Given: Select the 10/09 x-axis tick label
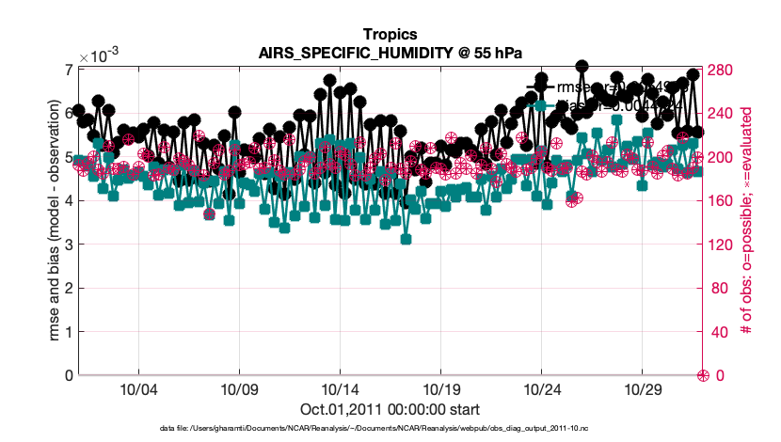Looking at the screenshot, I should click(x=239, y=388).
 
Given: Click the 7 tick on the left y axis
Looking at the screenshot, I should click(x=69, y=70).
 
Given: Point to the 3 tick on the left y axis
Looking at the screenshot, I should click(x=69, y=245).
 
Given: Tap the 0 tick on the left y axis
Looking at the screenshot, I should click(x=69, y=375).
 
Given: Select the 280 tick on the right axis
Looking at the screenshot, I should click(x=723, y=70).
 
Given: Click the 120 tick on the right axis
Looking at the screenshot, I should click(x=723, y=245).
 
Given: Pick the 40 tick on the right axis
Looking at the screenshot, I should click(x=719, y=332).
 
